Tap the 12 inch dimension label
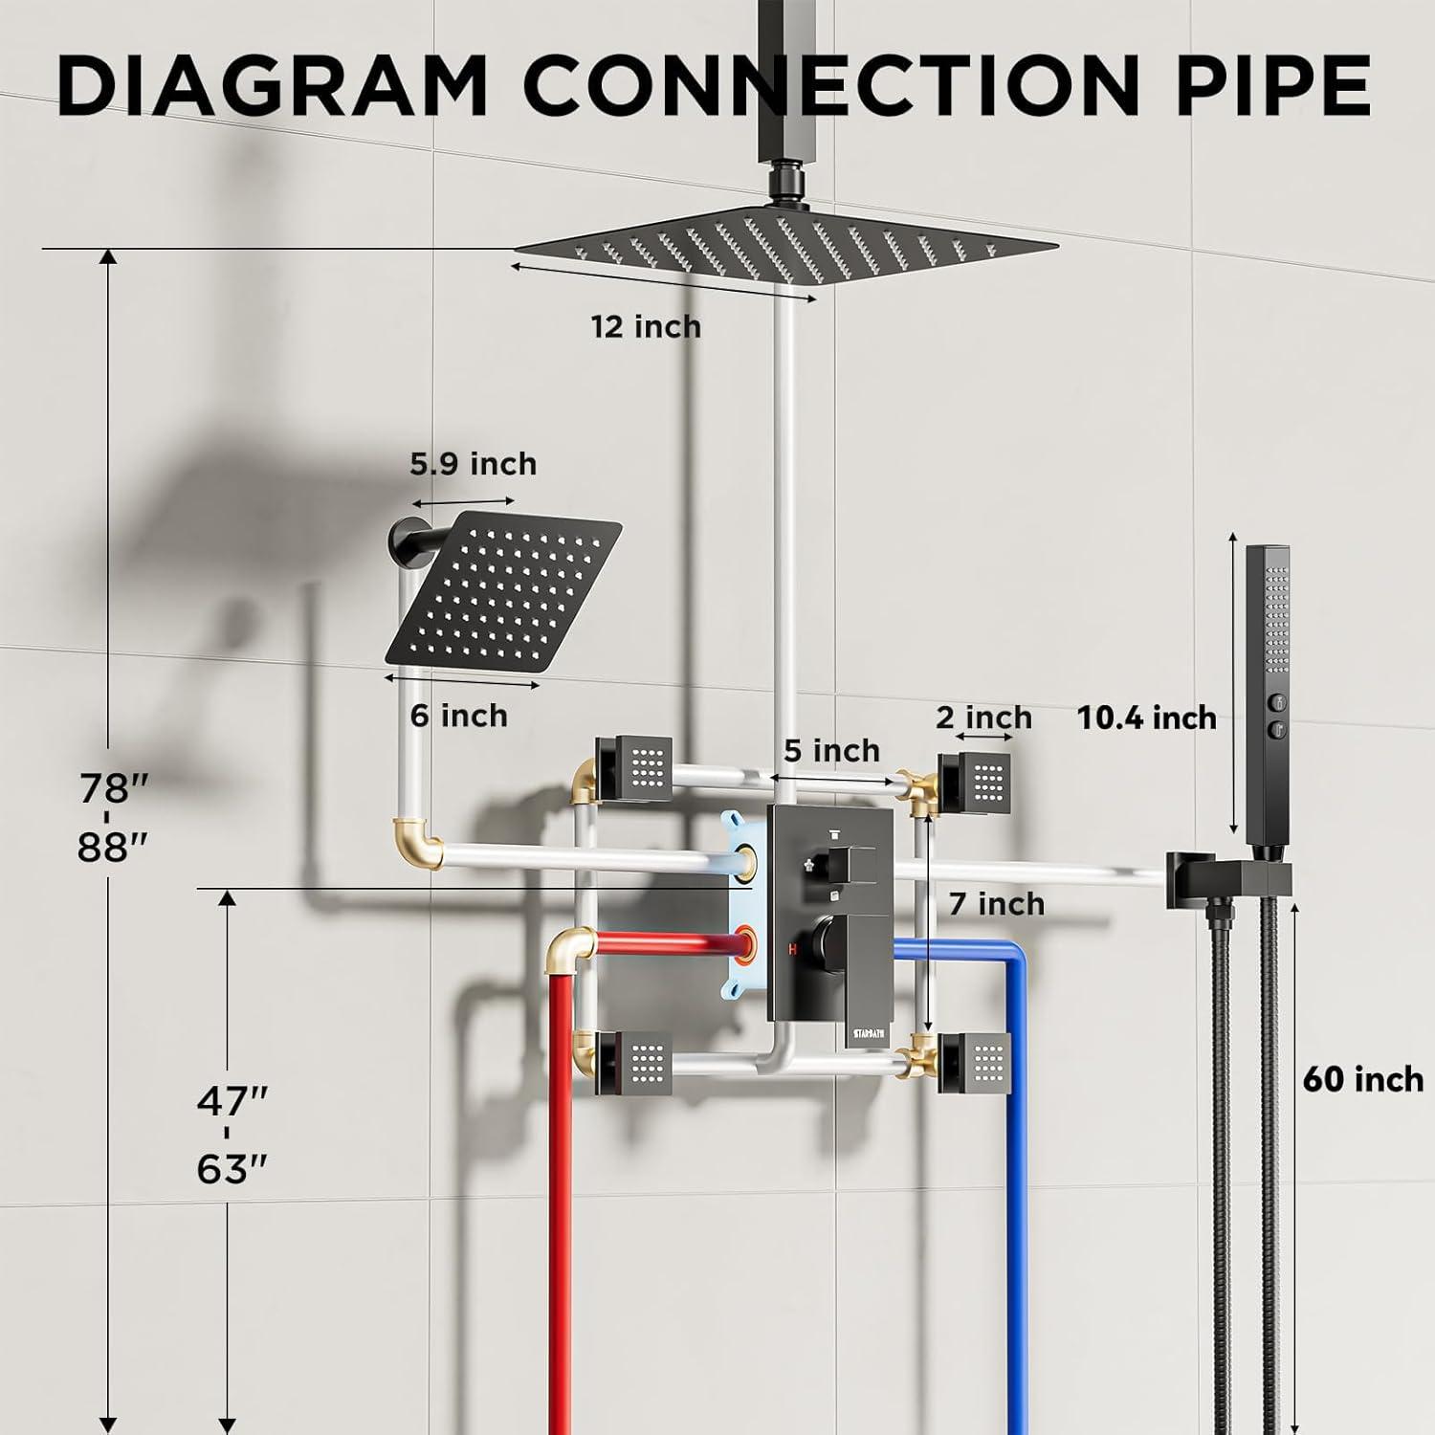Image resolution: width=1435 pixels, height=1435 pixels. [646, 327]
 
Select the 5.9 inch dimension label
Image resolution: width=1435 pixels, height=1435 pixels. [474, 464]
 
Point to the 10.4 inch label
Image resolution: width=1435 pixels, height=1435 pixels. [1147, 717]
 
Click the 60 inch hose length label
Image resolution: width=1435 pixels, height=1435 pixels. [1363, 1079]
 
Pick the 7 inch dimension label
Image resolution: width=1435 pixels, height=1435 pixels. [997, 903]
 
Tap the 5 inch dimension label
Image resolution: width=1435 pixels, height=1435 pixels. [831, 751]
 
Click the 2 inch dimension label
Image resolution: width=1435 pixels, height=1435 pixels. [984, 717]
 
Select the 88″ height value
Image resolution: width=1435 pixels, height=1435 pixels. [114, 847]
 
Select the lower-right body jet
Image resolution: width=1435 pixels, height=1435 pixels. [974, 1062]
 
